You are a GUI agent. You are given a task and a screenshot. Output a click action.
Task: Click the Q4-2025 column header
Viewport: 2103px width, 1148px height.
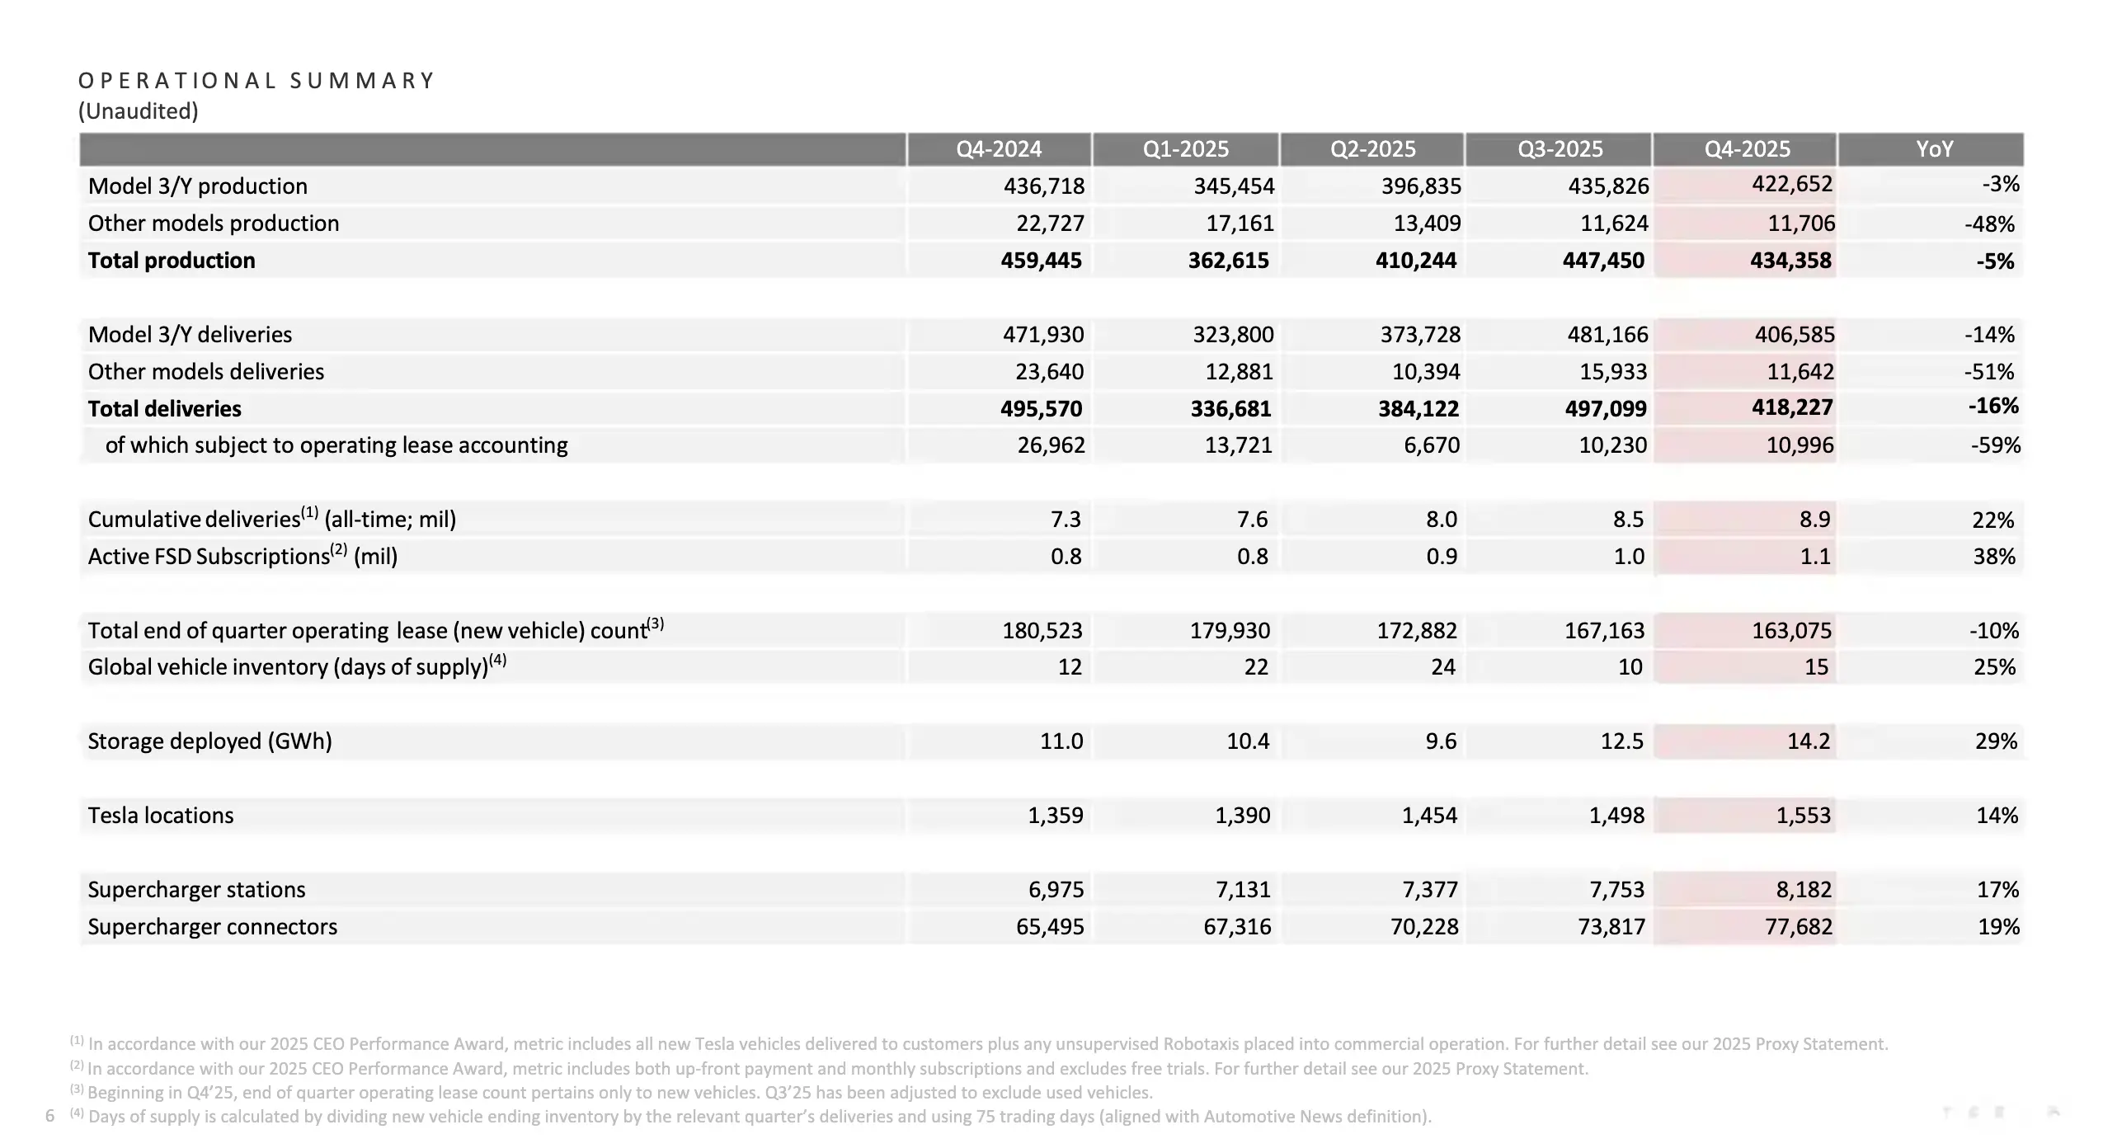tap(1747, 149)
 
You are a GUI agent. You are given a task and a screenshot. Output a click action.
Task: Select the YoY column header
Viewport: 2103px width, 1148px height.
tap(1934, 149)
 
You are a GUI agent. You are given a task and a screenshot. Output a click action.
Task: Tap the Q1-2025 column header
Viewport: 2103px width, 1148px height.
tap(1185, 149)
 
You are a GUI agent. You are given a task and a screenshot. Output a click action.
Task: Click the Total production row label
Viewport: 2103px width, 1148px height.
tap(172, 261)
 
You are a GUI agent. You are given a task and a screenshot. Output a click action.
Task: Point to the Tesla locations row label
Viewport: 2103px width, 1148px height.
tap(161, 816)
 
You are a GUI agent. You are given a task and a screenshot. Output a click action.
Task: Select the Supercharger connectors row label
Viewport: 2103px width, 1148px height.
tap(213, 927)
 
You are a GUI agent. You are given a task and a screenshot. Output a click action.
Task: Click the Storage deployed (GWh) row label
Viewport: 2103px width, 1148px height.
tap(209, 741)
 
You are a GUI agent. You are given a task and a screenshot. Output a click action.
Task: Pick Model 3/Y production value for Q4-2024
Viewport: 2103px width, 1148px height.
tap(1043, 186)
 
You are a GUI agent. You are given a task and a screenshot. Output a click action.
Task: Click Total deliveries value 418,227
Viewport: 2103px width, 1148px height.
tap(1791, 407)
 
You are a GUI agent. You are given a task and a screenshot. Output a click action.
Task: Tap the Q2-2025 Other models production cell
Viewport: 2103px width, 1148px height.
tap(1427, 223)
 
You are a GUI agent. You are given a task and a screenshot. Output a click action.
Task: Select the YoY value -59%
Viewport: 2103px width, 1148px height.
tap(1995, 445)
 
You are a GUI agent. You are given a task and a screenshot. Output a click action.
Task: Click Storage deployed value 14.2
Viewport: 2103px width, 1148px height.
tap(1808, 741)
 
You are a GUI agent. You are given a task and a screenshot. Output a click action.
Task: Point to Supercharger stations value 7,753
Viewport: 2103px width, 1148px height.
tap(1616, 890)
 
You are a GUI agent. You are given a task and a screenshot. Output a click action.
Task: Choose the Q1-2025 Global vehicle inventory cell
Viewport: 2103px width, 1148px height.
tap(1255, 667)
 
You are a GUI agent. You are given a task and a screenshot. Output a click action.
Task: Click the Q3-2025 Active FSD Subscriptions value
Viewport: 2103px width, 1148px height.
tap(1628, 557)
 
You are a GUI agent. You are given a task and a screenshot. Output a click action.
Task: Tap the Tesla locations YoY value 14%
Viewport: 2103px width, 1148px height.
tap(1997, 816)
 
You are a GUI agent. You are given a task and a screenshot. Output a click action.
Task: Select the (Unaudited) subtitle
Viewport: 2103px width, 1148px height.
tap(139, 111)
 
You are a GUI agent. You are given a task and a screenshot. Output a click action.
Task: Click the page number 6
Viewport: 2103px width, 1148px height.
tap(49, 1117)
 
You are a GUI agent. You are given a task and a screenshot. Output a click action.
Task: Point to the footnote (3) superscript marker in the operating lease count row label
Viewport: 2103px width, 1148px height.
tap(656, 623)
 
